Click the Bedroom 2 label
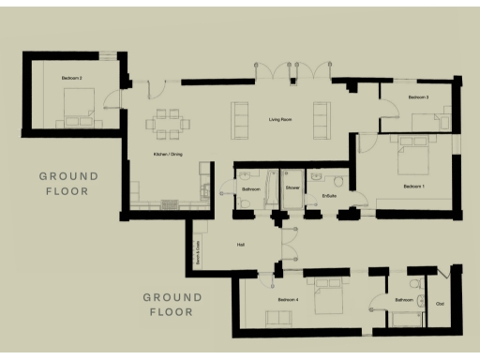click(72, 77)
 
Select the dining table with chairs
click(168, 121)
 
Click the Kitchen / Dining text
click(168, 154)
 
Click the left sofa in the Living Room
click(241, 117)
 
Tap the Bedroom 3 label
click(418, 97)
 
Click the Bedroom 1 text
click(414, 187)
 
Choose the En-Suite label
click(329, 195)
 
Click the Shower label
click(292, 188)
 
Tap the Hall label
click(241, 245)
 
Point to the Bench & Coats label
click(199, 254)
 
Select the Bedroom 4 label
click(288, 299)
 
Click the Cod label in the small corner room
click(440, 303)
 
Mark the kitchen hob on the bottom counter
click(170, 204)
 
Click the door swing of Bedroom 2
click(113, 94)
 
